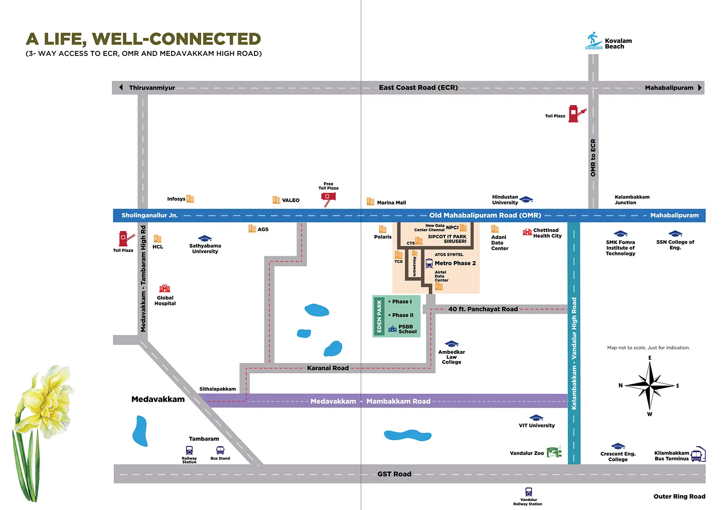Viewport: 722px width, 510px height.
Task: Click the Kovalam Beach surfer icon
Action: click(594, 41)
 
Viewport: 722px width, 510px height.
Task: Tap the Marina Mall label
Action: click(391, 202)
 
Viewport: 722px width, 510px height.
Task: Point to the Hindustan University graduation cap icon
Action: click(526, 199)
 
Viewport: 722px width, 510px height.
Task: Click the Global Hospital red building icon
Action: click(165, 288)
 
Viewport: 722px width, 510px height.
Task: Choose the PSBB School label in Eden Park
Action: click(407, 329)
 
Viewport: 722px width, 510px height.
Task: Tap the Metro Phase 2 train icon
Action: click(429, 263)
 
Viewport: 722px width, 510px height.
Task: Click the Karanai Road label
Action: click(328, 368)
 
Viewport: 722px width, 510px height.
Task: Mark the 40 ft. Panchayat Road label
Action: click(483, 309)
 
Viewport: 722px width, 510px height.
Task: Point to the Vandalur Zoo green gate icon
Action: click(554, 452)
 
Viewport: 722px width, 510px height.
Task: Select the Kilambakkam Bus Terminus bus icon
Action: click(699, 454)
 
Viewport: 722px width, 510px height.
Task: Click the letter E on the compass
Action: click(650, 358)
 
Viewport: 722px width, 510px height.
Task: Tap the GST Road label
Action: click(394, 474)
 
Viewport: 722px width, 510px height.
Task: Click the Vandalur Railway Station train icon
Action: click(528, 492)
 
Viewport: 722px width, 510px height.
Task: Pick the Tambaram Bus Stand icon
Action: click(220, 450)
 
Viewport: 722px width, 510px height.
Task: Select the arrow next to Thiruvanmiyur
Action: click(121, 87)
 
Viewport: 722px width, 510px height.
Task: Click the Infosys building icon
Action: click(190, 199)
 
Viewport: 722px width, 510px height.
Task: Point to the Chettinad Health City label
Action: click(547, 233)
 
